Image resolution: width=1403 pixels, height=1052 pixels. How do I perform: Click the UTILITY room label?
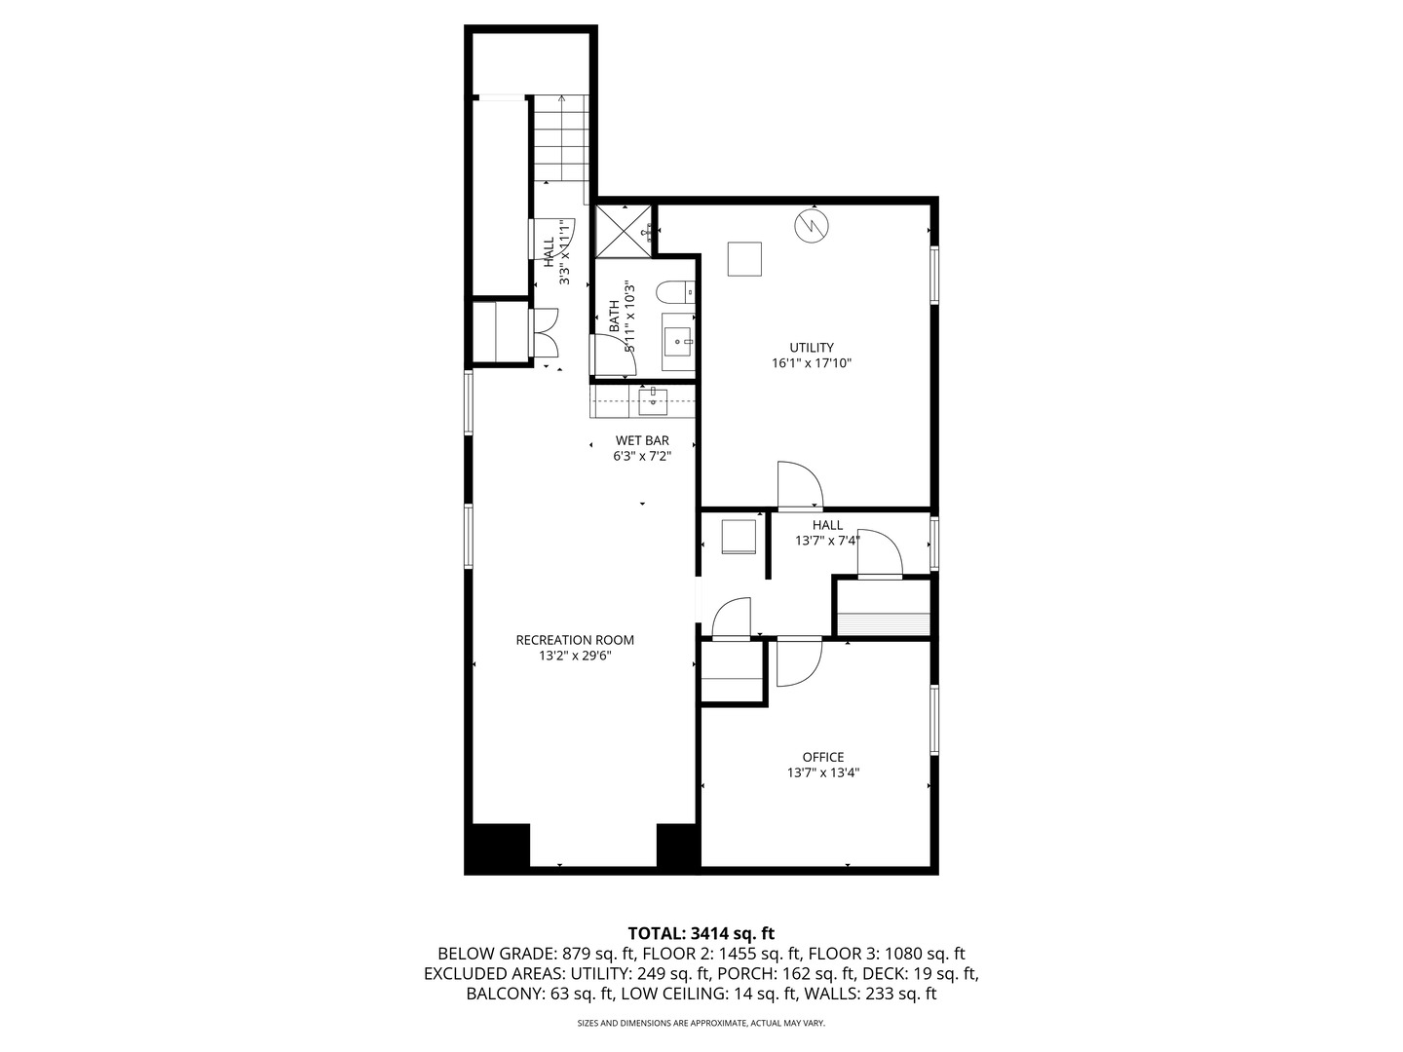(811, 348)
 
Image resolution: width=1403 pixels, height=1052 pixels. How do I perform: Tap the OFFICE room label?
(822, 757)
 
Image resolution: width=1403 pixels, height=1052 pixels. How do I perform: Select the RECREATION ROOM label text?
(575, 640)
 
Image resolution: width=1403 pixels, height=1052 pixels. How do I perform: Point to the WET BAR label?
(642, 440)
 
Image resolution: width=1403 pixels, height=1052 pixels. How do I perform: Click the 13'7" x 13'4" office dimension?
(822, 773)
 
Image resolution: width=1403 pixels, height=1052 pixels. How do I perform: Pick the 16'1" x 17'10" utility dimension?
(811, 363)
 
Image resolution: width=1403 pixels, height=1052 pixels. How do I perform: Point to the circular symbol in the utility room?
(811, 226)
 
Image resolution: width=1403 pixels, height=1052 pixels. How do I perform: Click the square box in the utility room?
(745, 259)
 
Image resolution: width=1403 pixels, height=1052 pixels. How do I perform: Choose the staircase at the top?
(561, 138)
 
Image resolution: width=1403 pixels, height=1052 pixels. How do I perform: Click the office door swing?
(799, 662)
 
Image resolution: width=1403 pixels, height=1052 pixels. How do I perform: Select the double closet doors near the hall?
(544, 334)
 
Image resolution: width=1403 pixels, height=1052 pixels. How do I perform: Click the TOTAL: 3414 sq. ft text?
(701, 933)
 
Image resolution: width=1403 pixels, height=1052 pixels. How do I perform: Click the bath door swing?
(615, 355)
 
